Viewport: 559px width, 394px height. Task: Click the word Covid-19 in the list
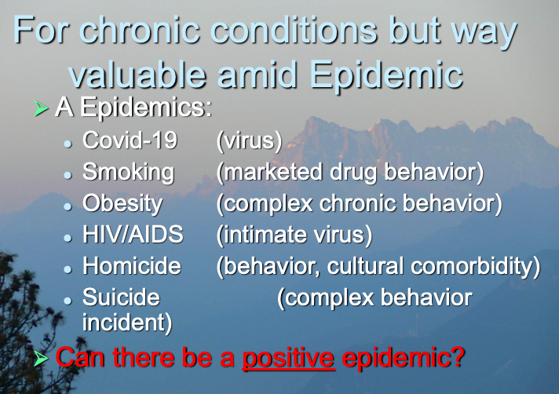click(130, 140)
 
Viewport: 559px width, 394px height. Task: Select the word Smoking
click(128, 173)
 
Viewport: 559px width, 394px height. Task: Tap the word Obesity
click(122, 204)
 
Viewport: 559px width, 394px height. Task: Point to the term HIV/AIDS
click(133, 235)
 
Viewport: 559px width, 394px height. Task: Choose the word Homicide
click(132, 266)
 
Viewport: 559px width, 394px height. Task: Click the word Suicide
click(121, 297)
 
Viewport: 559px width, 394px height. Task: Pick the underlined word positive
click(288, 358)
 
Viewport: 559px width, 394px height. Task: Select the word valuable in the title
click(137, 75)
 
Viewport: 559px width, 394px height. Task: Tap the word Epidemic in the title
click(386, 76)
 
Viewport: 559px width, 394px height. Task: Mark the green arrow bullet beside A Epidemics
click(41, 108)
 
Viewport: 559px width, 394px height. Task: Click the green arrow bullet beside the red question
click(41, 359)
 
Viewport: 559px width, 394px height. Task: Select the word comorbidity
click(476, 267)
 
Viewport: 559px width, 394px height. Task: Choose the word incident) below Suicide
click(127, 323)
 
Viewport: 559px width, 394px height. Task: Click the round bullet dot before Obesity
click(68, 206)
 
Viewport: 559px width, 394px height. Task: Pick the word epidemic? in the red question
click(404, 358)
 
